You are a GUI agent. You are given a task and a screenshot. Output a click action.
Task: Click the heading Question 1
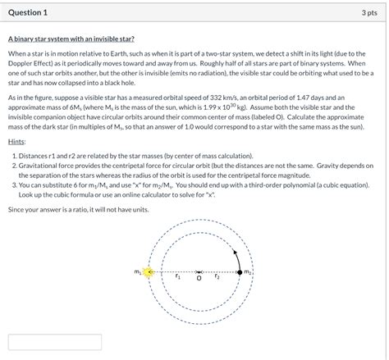coord(28,12)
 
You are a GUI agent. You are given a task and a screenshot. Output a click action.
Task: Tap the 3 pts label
coord(369,13)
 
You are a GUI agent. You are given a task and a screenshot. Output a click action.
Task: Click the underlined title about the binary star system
coord(71,39)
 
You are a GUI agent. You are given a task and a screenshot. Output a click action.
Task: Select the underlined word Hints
coord(16,142)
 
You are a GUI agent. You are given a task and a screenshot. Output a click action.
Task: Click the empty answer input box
coord(55,342)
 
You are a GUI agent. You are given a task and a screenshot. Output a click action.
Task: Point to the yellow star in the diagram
coord(149,272)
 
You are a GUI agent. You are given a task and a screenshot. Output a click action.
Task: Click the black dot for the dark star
coord(240,272)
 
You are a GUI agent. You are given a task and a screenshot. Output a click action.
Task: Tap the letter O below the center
coord(199,278)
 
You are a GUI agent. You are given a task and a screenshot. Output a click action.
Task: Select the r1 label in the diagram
coord(178,276)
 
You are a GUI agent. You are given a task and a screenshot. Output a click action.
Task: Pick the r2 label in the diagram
coord(217,276)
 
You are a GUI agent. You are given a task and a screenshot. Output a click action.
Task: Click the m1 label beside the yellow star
coord(138,272)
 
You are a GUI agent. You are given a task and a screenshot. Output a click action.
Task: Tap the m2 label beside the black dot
coord(247,271)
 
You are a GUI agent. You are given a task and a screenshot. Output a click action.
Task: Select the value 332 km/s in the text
coord(224,98)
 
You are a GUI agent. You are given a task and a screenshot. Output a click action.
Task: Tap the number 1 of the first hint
coord(14,156)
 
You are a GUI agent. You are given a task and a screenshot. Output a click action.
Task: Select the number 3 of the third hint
coord(14,185)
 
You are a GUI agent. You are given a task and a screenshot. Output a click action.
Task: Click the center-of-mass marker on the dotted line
coord(199,272)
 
